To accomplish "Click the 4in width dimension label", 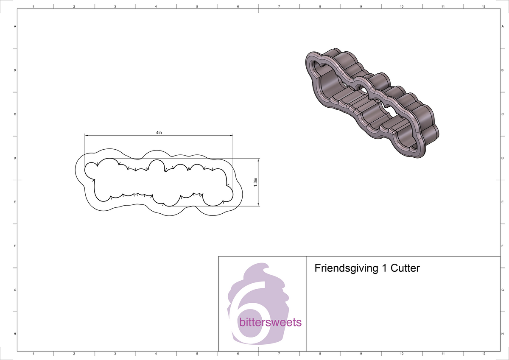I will point(159,132).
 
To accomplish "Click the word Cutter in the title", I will point(405,268).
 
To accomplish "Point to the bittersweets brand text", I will point(270,323).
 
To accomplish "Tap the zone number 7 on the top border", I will point(279,7).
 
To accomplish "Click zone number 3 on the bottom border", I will point(115,354).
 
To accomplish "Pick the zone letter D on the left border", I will point(15,158).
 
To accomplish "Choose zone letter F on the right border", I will point(502,246).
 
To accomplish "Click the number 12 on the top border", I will point(484,7).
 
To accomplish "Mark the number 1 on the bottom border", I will point(33,354).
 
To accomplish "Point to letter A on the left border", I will point(15,26).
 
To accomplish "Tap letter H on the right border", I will point(502,334).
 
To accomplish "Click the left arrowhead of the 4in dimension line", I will point(87,135).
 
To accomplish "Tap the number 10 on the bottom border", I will point(402,354).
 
